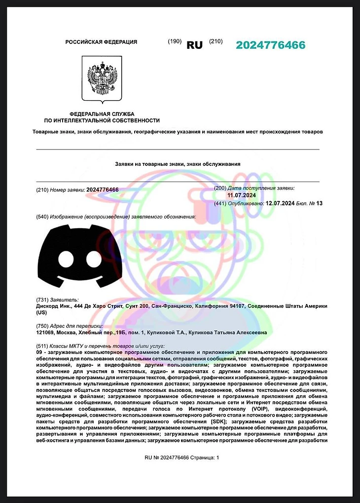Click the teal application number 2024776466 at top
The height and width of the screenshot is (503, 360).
(270, 45)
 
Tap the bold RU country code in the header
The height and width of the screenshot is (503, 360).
(194, 45)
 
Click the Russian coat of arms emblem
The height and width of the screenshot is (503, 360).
(102, 79)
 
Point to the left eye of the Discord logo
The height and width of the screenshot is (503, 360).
(66, 259)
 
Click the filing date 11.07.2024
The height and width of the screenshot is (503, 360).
(238, 195)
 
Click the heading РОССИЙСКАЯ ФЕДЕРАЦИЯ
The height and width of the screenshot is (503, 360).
(101, 42)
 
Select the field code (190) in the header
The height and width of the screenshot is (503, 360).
(175, 41)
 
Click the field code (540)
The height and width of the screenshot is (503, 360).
(42, 217)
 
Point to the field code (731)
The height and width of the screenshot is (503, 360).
(42, 300)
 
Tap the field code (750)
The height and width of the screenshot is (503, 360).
(42, 326)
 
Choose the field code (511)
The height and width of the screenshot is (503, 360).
(42, 347)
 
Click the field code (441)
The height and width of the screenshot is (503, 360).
(220, 203)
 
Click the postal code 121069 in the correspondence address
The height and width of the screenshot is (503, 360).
(45, 333)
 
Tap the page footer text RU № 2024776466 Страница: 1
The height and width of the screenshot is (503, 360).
(181, 458)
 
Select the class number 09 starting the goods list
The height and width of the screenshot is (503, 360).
(39, 353)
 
